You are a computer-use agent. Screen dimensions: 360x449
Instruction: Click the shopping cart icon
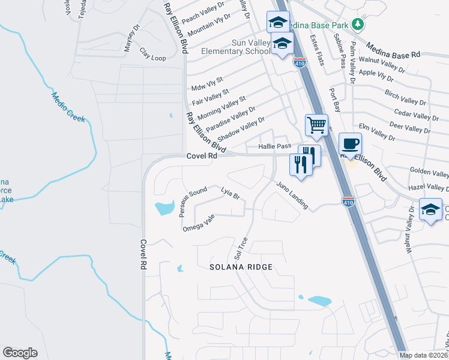[x=316, y=125]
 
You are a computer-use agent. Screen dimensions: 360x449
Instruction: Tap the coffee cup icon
[x=351, y=144]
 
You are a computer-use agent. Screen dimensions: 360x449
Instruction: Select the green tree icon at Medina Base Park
[x=358, y=24]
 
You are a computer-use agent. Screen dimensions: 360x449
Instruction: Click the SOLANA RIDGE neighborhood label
[x=241, y=267]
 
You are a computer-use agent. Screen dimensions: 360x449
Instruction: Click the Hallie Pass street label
[x=274, y=146]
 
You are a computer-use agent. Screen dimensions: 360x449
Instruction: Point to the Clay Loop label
[x=152, y=54]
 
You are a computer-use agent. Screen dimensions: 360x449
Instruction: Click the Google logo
[x=20, y=353]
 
